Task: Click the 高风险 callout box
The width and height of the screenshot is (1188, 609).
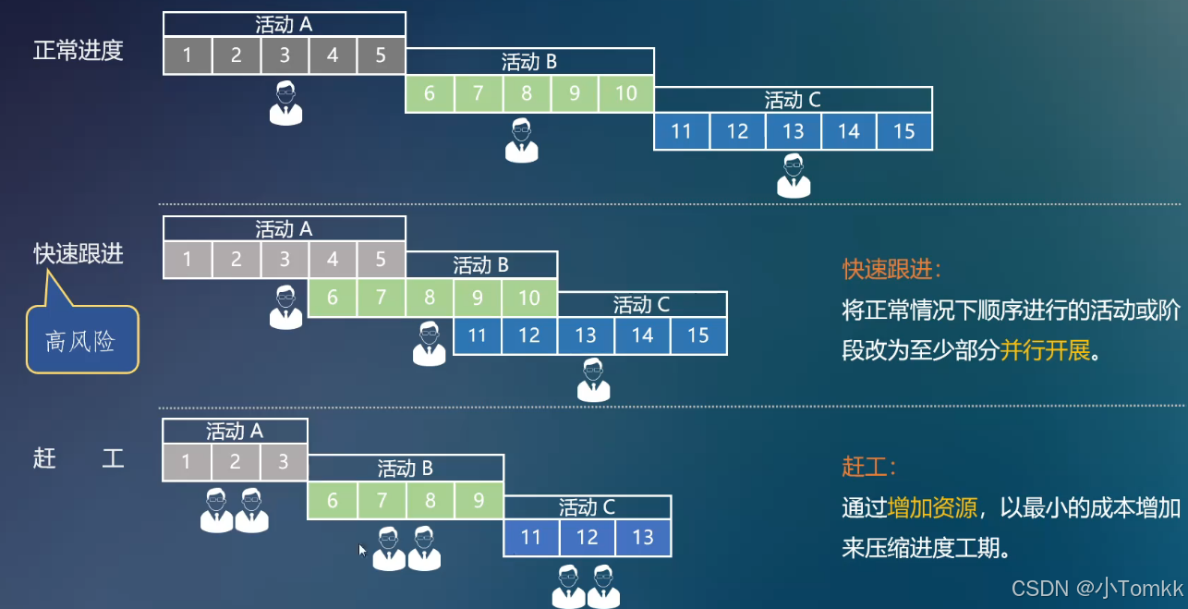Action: (x=81, y=340)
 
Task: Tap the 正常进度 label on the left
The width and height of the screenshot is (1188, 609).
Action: (x=79, y=50)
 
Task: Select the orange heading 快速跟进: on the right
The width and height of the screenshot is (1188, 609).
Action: (x=892, y=269)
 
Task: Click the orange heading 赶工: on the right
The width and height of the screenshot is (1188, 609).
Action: (x=869, y=466)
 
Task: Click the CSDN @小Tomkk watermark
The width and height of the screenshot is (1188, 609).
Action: (x=1097, y=588)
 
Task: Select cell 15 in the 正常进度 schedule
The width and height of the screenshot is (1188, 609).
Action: (x=904, y=131)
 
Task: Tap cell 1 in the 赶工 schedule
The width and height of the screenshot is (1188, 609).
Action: (x=187, y=462)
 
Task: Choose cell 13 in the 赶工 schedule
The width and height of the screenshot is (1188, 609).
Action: (x=643, y=538)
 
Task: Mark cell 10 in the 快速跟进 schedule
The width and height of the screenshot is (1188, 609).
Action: (x=528, y=298)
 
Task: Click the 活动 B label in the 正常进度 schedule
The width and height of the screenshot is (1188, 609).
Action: (x=529, y=62)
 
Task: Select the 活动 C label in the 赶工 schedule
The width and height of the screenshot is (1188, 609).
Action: (x=587, y=507)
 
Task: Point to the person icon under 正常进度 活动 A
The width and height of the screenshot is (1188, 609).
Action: (x=285, y=103)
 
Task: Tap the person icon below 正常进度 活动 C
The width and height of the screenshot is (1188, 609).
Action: (x=794, y=176)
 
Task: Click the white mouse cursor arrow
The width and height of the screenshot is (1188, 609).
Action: (x=362, y=550)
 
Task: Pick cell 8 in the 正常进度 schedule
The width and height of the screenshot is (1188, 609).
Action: (x=527, y=93)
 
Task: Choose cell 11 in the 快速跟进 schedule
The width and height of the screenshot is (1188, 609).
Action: (x=478, y=335)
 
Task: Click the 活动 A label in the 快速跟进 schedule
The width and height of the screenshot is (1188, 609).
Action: (x=284, y=228)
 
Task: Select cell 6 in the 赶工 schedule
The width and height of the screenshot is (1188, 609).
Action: (x=333, y=501)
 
